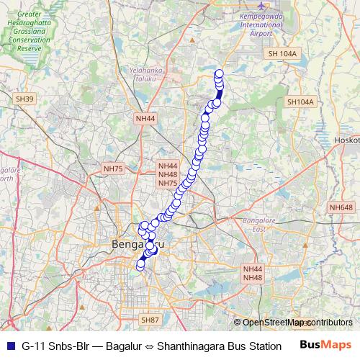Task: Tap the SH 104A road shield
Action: point(280,54)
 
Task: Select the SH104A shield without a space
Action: point(300,102)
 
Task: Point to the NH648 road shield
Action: point(341,207)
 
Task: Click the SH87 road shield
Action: point(150,320)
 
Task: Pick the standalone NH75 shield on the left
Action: point(114,168)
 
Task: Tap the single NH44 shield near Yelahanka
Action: point(145,118)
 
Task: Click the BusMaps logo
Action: point(325,345)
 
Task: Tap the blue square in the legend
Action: point(10,346)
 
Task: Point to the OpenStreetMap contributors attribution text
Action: point(297,323)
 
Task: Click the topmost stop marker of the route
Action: point(219,73)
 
